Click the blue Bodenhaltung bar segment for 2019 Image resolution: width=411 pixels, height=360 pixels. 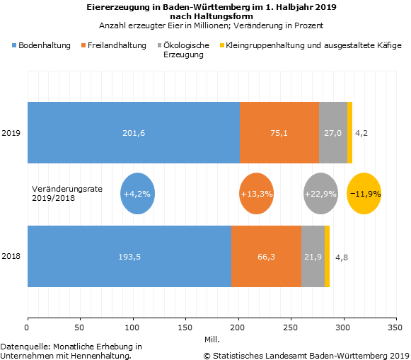(134, 132)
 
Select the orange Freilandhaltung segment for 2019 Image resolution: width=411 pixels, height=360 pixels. (279, 132)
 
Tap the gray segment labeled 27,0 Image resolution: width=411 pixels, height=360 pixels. (333, 132)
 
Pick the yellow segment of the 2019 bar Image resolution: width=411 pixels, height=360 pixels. (350, 132)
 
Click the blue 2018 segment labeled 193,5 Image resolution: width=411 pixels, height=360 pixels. (129, 256)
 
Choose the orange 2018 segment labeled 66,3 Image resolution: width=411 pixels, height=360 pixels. (266, 256)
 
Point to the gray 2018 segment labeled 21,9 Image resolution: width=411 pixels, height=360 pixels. (313, 256)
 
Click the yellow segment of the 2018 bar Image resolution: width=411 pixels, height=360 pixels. (327, 256)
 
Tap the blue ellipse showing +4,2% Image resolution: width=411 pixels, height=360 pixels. (137, 194)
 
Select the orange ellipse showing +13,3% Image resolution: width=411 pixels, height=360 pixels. (256, 194)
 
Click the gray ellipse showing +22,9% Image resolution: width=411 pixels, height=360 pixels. (320, 194)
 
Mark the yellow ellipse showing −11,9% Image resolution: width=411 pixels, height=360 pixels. (364, 194)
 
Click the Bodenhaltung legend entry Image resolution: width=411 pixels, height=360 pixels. (42, 45)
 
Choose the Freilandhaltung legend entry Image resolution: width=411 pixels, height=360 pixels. (114, 45)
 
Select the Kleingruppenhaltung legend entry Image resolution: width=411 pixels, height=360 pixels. (311, 45)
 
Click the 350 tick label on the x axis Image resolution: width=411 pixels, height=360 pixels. (395, 327)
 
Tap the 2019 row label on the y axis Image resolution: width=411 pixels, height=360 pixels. (11, 133)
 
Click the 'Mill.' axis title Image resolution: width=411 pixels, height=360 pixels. (212, 339)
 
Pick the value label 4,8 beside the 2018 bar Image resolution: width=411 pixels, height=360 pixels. (342, 257)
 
